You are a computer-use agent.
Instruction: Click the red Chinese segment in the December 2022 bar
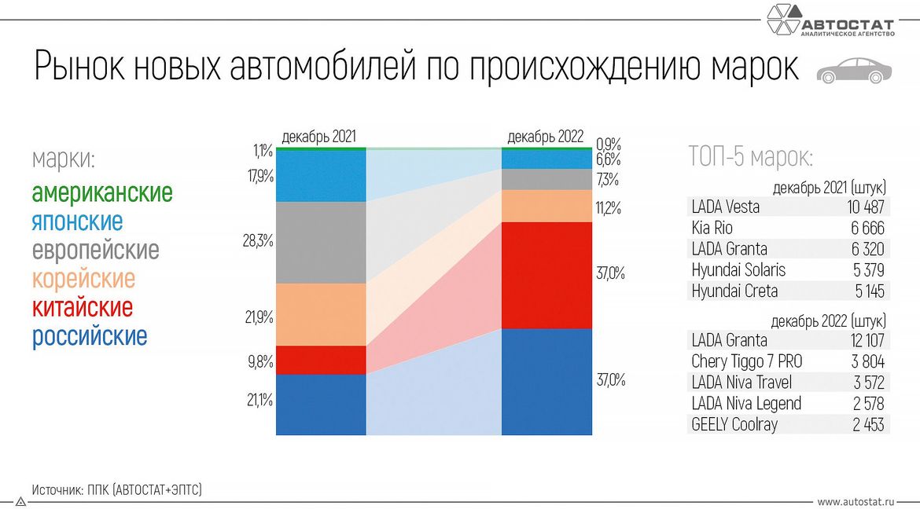[x=546, y=275]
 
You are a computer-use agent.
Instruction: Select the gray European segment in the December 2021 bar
[x=321, y=242]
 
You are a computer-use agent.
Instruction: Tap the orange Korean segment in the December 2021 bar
[x=321, y=314]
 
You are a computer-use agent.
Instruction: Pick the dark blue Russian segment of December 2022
[x=546, y=381]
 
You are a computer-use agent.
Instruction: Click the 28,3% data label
[x=258, y=240]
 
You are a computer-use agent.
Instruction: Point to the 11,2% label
[x=609, y=208]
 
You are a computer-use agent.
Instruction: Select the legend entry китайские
[x=82, y=307]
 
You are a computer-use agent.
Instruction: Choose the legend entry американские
[x=101, y=192]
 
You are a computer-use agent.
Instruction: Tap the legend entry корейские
[x=83, y=279]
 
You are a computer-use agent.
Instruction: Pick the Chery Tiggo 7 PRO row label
[x=746, y=361]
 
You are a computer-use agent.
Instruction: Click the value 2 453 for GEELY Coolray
[x=867, y=425]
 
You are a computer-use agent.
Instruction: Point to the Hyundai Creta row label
[x=734, y=291]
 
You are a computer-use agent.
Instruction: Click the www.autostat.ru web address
[x=856, y=501]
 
